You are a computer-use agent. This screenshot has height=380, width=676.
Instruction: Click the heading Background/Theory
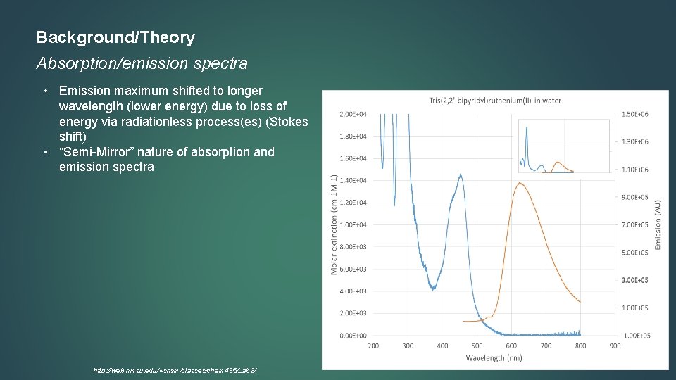pos(115,37)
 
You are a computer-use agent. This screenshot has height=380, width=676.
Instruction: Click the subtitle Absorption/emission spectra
pos(142,63)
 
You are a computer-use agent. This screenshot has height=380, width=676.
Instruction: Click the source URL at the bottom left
pos(175,370)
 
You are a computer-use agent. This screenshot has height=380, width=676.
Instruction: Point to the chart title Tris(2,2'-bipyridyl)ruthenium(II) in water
pos(495,100)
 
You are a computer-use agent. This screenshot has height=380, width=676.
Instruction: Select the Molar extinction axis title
pos(334,225)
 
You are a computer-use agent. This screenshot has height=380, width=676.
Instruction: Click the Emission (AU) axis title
pos(658,224)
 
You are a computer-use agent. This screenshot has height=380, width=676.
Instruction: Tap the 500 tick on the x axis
pos(477,346)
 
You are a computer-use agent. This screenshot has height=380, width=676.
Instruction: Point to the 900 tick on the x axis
pos(615,346)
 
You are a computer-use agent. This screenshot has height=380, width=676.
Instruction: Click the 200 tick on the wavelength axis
pos(373,346)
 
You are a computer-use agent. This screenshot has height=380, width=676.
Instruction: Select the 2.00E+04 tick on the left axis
pos(353,114)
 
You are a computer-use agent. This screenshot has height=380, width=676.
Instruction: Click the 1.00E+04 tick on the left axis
pos(353,225)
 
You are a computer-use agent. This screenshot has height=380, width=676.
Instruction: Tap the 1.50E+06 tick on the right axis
pos(634,114)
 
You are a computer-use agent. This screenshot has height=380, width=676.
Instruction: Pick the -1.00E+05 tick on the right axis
pos(634,336)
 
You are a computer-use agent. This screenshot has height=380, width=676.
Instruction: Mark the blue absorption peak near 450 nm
pos(461,175)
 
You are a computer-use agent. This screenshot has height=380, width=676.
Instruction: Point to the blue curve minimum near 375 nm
pos(433,289)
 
